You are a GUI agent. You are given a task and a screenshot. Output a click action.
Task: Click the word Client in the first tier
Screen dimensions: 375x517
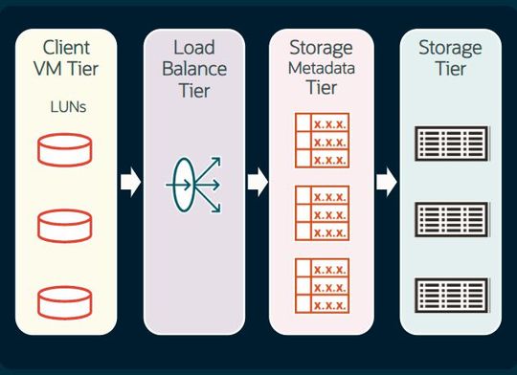66,47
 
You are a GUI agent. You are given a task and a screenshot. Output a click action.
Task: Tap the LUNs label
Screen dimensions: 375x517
66,108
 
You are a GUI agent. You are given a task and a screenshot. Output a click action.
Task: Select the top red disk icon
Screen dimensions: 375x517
65,149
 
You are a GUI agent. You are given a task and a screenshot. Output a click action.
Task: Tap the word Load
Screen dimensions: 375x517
193,47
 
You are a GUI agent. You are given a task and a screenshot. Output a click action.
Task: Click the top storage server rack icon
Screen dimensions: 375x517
449,143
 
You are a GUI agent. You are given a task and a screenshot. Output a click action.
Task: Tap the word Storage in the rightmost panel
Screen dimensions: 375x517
449,47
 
